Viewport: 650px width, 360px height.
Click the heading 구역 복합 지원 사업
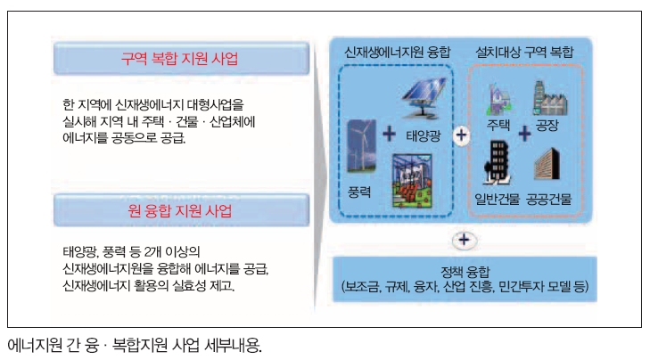[179, 58]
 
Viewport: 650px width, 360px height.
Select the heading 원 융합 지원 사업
[179, 210]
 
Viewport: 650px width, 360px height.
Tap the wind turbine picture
[361, 145]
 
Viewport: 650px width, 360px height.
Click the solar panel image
[424, 98]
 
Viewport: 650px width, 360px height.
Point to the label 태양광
[423, 135]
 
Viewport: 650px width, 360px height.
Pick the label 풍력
[359, 192]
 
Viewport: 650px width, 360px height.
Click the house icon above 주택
[499, 100]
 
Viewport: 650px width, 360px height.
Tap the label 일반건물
[497, 200]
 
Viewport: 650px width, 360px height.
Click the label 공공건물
[549, 200]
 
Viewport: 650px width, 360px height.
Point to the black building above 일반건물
[498, 162]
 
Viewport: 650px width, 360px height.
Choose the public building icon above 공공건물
[547, 164]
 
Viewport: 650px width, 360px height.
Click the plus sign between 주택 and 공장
[524, 134]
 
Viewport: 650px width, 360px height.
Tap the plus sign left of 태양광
[389, 134]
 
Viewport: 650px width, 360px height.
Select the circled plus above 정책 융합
[464, 240]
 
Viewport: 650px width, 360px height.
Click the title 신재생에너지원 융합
[397, 52]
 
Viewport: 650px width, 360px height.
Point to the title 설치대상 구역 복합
[524, 52]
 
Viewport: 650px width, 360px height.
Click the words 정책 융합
[465, 272]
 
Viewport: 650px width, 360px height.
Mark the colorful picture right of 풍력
[412, 180]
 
